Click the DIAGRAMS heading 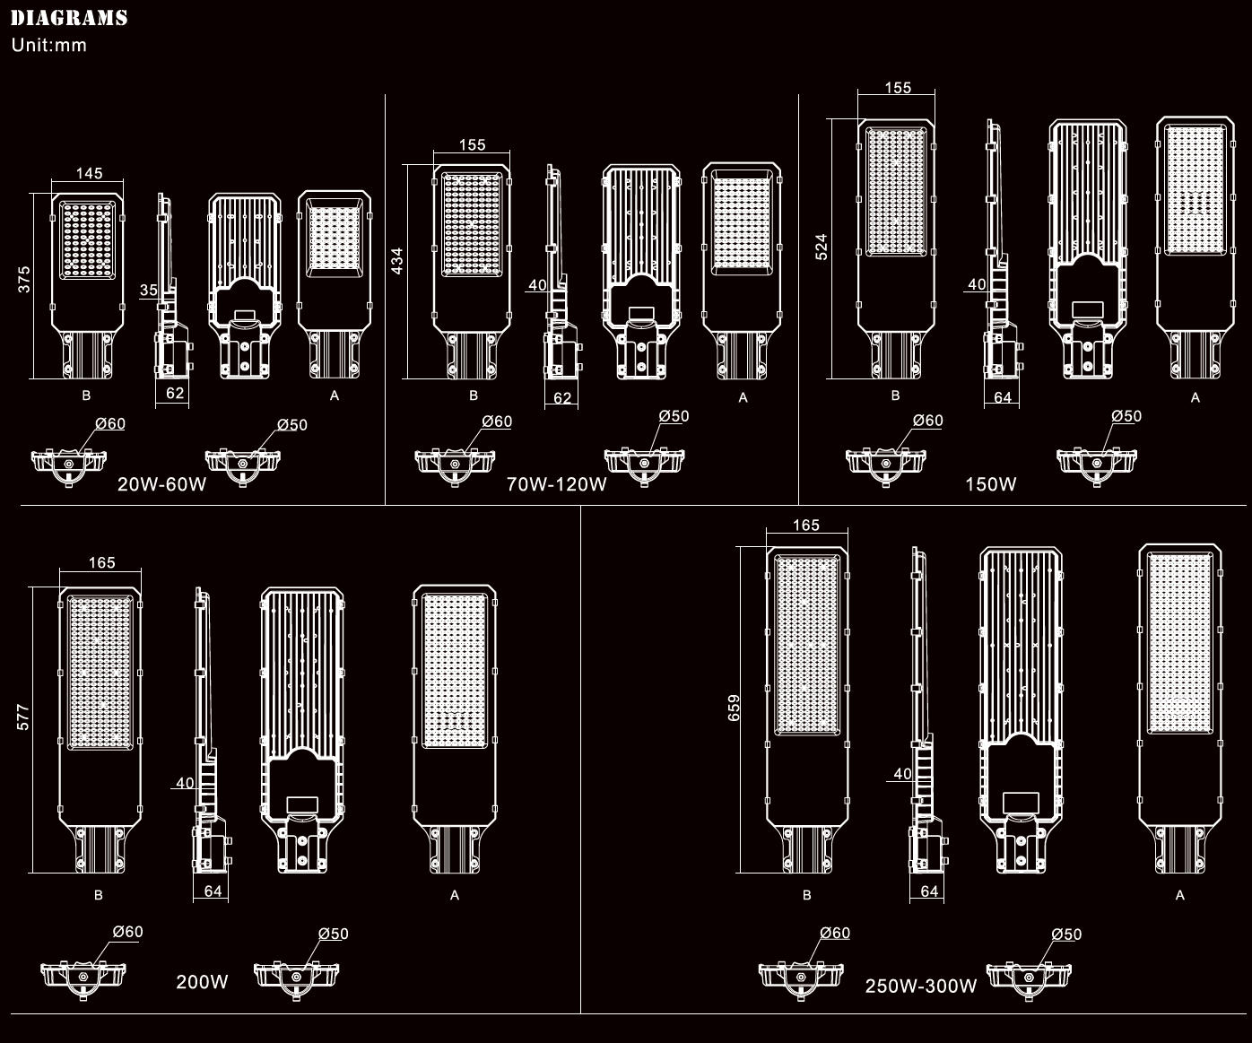[69, 18]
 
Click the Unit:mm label [49, 46]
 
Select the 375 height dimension [23, 280]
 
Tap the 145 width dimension [90, 173]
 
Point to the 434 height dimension [397, 261]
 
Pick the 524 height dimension [821, 247]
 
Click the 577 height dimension [22, 717]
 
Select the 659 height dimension [734, 708]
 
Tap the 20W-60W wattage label [162, 484]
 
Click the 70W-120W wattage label [556, 484]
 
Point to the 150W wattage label [990, 484]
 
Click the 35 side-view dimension [149, 291]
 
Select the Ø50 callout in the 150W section [1126, 416]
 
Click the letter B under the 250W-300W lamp [807, 895]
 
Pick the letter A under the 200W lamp [455, 895]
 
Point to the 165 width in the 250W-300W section [806, 526]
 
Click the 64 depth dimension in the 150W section [1003, 397]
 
